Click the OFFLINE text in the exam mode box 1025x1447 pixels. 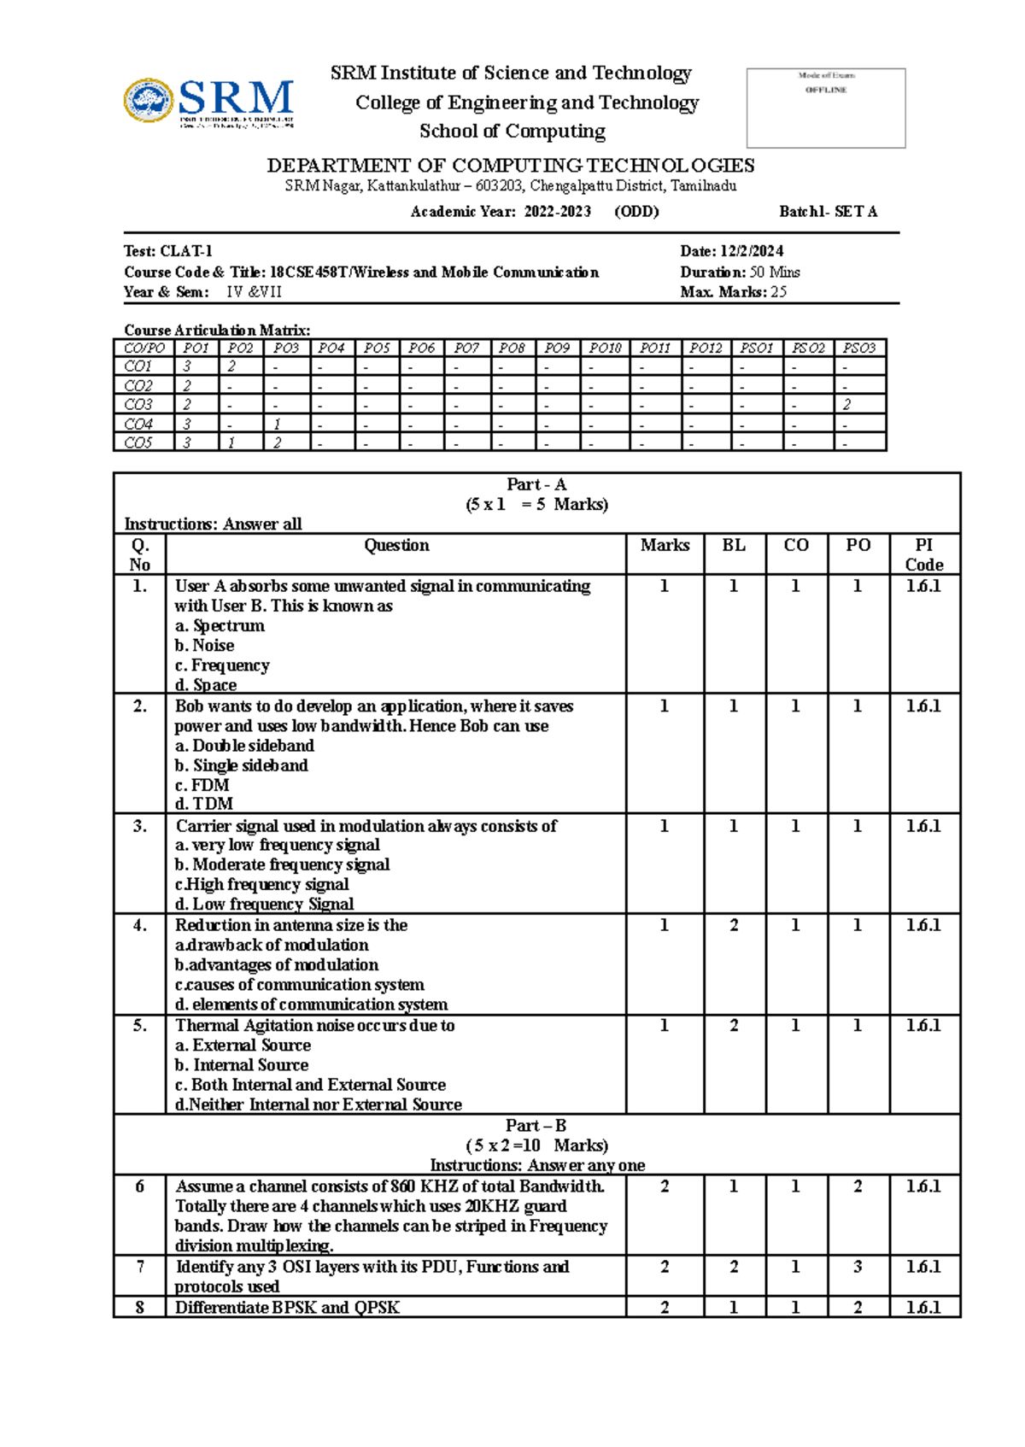point(825,90)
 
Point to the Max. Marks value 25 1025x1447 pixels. point(778,292)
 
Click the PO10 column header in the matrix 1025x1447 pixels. point(605,348)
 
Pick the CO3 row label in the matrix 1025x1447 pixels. point(138,404)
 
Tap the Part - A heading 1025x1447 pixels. point(536,484)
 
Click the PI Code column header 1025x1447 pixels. point(924,554)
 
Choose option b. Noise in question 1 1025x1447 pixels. point(205,646)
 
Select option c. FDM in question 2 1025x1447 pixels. point(202,785)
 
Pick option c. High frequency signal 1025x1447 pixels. point(262,884)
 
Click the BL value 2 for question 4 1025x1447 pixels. point(734,925)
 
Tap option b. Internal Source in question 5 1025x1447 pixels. point(242,1065)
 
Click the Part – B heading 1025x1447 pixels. point(536,1126)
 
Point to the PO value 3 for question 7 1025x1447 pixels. point(858,1267)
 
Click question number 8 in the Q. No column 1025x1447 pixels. point(140,1307)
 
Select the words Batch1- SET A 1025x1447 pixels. point(828,212)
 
